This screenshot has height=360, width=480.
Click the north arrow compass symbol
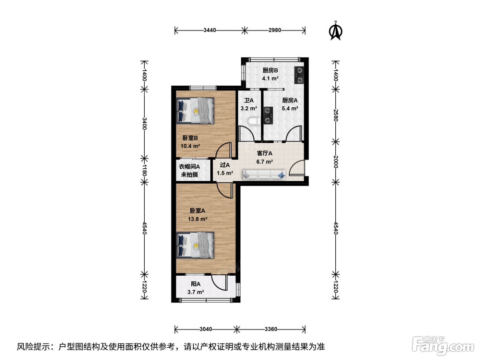pos(335,31)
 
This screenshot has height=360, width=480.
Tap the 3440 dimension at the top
pos(209,30)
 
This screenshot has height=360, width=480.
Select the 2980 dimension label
pos(275,30)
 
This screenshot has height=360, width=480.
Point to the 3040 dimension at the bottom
pos(206,329)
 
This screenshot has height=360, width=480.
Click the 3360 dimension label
pos(271,329)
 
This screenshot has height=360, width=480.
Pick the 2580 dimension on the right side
pos(336,115)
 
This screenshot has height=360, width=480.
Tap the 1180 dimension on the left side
pos(144,170)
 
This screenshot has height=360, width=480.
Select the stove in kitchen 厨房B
pos(299,75)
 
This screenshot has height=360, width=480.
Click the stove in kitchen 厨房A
pos(268,116)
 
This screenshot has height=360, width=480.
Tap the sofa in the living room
pos(264,175)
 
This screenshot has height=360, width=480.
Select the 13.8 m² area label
pos(197,219)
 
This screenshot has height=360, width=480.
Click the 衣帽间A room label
pos(189,167)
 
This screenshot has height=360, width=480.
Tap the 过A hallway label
pos(225,165)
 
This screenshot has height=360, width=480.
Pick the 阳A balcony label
pos(195,284)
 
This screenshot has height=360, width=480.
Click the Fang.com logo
pos(443,346)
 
